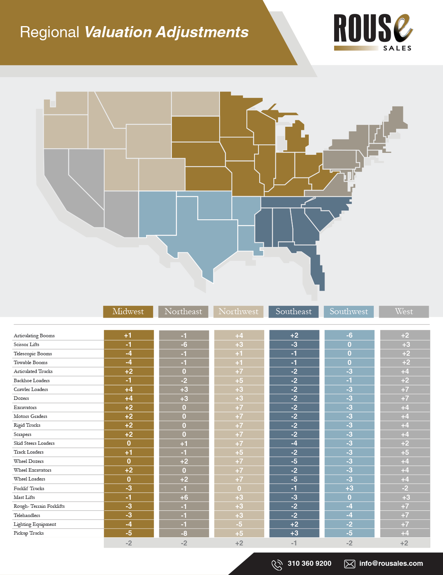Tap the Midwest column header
click(x=128, y=312)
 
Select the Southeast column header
click(x=293, y=312)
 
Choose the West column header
click(x=404, y=312)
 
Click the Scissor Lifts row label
click(x=27, y=345)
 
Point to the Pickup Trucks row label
click(x=29, y=533)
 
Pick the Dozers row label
click(x=22, y=398)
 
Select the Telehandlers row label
click(x=27, y=515)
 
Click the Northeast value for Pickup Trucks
click(x=184, y=534)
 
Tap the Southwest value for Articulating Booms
click(x=349, y=335)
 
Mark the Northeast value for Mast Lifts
click(x=184, y=497)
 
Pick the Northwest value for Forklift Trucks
click(x=239, y=489)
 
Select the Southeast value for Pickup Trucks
click(x=294, y=533)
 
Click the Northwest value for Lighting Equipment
click(x=239, y=524)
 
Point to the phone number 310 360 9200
click(x=310, y=563)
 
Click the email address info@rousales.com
click(x=391, y=563)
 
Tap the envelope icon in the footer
click(x=350, y=564)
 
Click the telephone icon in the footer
click(x=277, y=565)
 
